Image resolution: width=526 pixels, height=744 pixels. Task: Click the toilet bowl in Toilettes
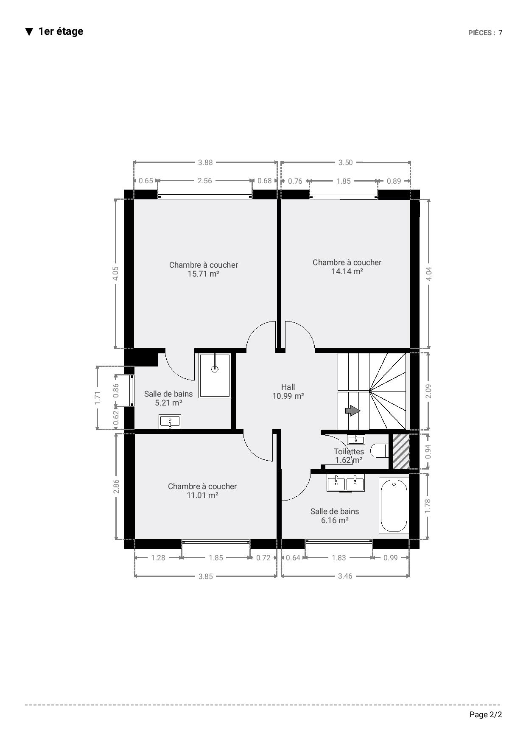point(379,450)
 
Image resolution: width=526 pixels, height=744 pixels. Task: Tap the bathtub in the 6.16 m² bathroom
point(394,505)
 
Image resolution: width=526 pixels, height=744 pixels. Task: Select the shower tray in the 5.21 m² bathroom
point(215,375)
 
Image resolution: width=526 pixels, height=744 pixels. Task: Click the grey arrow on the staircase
point(353,411)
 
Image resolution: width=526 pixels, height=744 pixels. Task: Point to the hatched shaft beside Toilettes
point(401,451)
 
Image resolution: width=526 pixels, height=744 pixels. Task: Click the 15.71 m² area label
point(203,274)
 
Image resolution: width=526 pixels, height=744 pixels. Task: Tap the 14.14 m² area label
point(347,271)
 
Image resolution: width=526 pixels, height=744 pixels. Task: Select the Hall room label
point(288,387)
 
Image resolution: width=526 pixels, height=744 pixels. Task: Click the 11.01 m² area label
point(202,495)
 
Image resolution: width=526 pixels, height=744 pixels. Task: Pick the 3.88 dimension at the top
point(205,162)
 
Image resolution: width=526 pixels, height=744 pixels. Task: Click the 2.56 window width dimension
point(205,181)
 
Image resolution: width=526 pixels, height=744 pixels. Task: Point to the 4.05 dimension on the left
point(115,273)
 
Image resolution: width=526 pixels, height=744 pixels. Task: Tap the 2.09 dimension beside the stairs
point(428,391)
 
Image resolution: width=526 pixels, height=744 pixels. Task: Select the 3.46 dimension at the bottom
point(345,576)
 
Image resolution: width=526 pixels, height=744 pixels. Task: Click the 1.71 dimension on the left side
point(98,398)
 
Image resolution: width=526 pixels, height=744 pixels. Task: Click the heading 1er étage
point(61,31)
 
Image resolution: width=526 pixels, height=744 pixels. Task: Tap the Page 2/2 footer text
point(486,715)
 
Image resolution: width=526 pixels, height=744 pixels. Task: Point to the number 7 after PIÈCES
point(501,33)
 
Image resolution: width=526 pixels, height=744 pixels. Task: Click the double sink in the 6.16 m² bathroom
point(346,483)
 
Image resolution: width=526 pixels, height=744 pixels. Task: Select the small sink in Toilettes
point(356,439)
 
